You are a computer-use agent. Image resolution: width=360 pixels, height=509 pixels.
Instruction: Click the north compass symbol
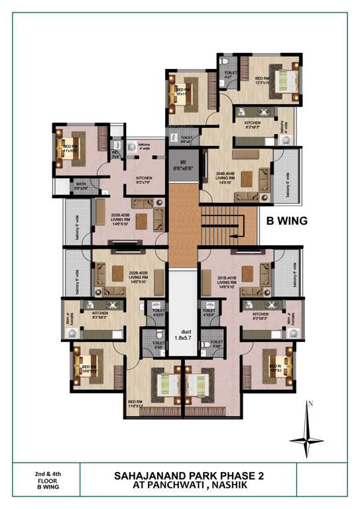[307, 429]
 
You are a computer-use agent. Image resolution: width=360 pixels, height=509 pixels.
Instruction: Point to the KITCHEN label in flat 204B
[253, 125]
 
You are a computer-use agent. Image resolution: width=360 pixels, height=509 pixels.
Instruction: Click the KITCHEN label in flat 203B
[145, 180]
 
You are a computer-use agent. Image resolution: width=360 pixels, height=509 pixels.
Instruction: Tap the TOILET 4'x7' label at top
[231, 74]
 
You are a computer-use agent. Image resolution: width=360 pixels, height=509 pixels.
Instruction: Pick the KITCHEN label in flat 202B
[100, 315]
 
